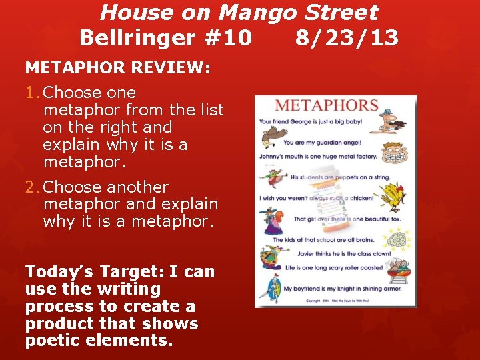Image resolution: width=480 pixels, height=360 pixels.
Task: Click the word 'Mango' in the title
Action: click(x=260, y=12)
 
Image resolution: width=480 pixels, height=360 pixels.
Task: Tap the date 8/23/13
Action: click(x=347, y=38)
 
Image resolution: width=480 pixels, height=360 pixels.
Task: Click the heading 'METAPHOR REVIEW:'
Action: click(x=118, y=68)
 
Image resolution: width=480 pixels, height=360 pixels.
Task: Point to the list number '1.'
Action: click(x=33, y=93)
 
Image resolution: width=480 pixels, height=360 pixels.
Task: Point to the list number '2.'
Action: click(x=33, y=187)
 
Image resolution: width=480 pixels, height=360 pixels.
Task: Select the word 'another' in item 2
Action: click(x=137, y=187)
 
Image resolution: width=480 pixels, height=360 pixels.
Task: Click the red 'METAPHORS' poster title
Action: click(x=327, y=106)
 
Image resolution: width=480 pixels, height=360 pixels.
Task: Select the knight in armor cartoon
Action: click(x=269, y=288)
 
